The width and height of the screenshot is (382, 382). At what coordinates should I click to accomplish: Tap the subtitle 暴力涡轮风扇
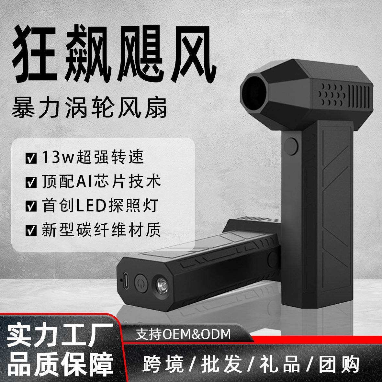click(x=89, y=108)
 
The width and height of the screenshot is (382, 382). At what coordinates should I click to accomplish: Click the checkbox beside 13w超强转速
click(x=31, y=159)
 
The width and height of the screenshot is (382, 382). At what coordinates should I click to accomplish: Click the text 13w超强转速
click(x=93, y=158)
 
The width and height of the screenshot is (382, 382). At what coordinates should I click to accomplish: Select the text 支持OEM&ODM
click(x=184, y=334)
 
